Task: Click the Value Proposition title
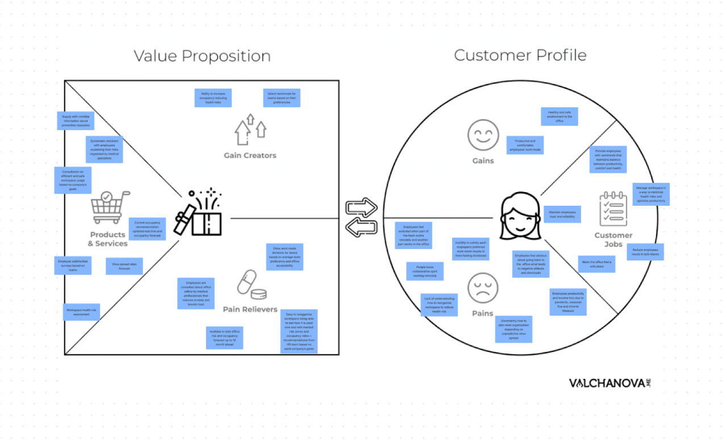[202, 56]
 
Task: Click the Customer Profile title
[520, 55]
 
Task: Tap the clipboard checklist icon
[613, 210]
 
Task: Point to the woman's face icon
[517, 217]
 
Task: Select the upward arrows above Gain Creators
[250, 130]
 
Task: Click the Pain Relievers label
[250, 310]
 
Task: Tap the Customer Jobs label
[613, 240]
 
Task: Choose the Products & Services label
[107, 239]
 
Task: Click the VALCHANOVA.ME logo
[609, 383]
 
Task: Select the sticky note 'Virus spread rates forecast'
[124, 266]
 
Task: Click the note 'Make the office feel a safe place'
[596, 264]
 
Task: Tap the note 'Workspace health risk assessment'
[82, 312]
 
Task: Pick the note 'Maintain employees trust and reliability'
[561, 214]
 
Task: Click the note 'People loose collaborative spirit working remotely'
[425, 271]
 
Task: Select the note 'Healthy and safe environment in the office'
[559, 117]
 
